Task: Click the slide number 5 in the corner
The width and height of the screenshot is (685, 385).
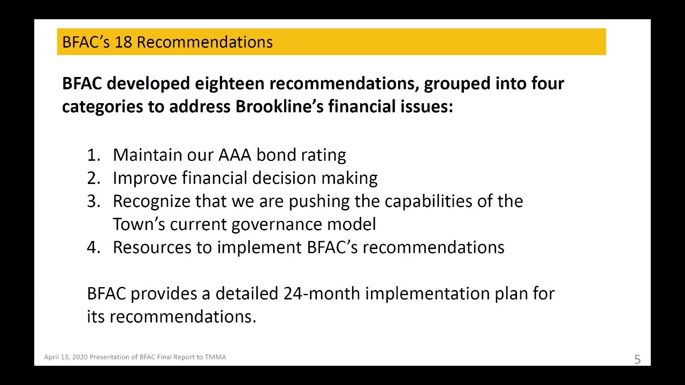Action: point(637,359)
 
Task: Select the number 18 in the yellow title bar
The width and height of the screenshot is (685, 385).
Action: point(123,42)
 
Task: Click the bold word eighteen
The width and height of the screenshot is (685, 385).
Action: point(229,83)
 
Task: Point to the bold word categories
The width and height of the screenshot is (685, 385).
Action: point(102,106)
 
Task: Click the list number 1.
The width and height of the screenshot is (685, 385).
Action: point(93,155)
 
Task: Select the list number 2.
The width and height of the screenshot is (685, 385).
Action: point(93,178)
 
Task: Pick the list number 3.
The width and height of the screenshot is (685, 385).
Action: point(93,201)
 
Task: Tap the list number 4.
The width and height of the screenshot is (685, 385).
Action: point(93,247)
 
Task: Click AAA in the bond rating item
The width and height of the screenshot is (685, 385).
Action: point(234,155)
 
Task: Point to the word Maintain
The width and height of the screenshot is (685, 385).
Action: point(147,155)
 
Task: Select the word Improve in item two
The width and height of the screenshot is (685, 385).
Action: point(144,178)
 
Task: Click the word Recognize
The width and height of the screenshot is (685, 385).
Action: point(151,202)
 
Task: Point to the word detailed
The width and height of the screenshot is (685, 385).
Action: point(247,294)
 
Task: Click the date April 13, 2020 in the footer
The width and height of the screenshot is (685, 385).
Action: point(66,357)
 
